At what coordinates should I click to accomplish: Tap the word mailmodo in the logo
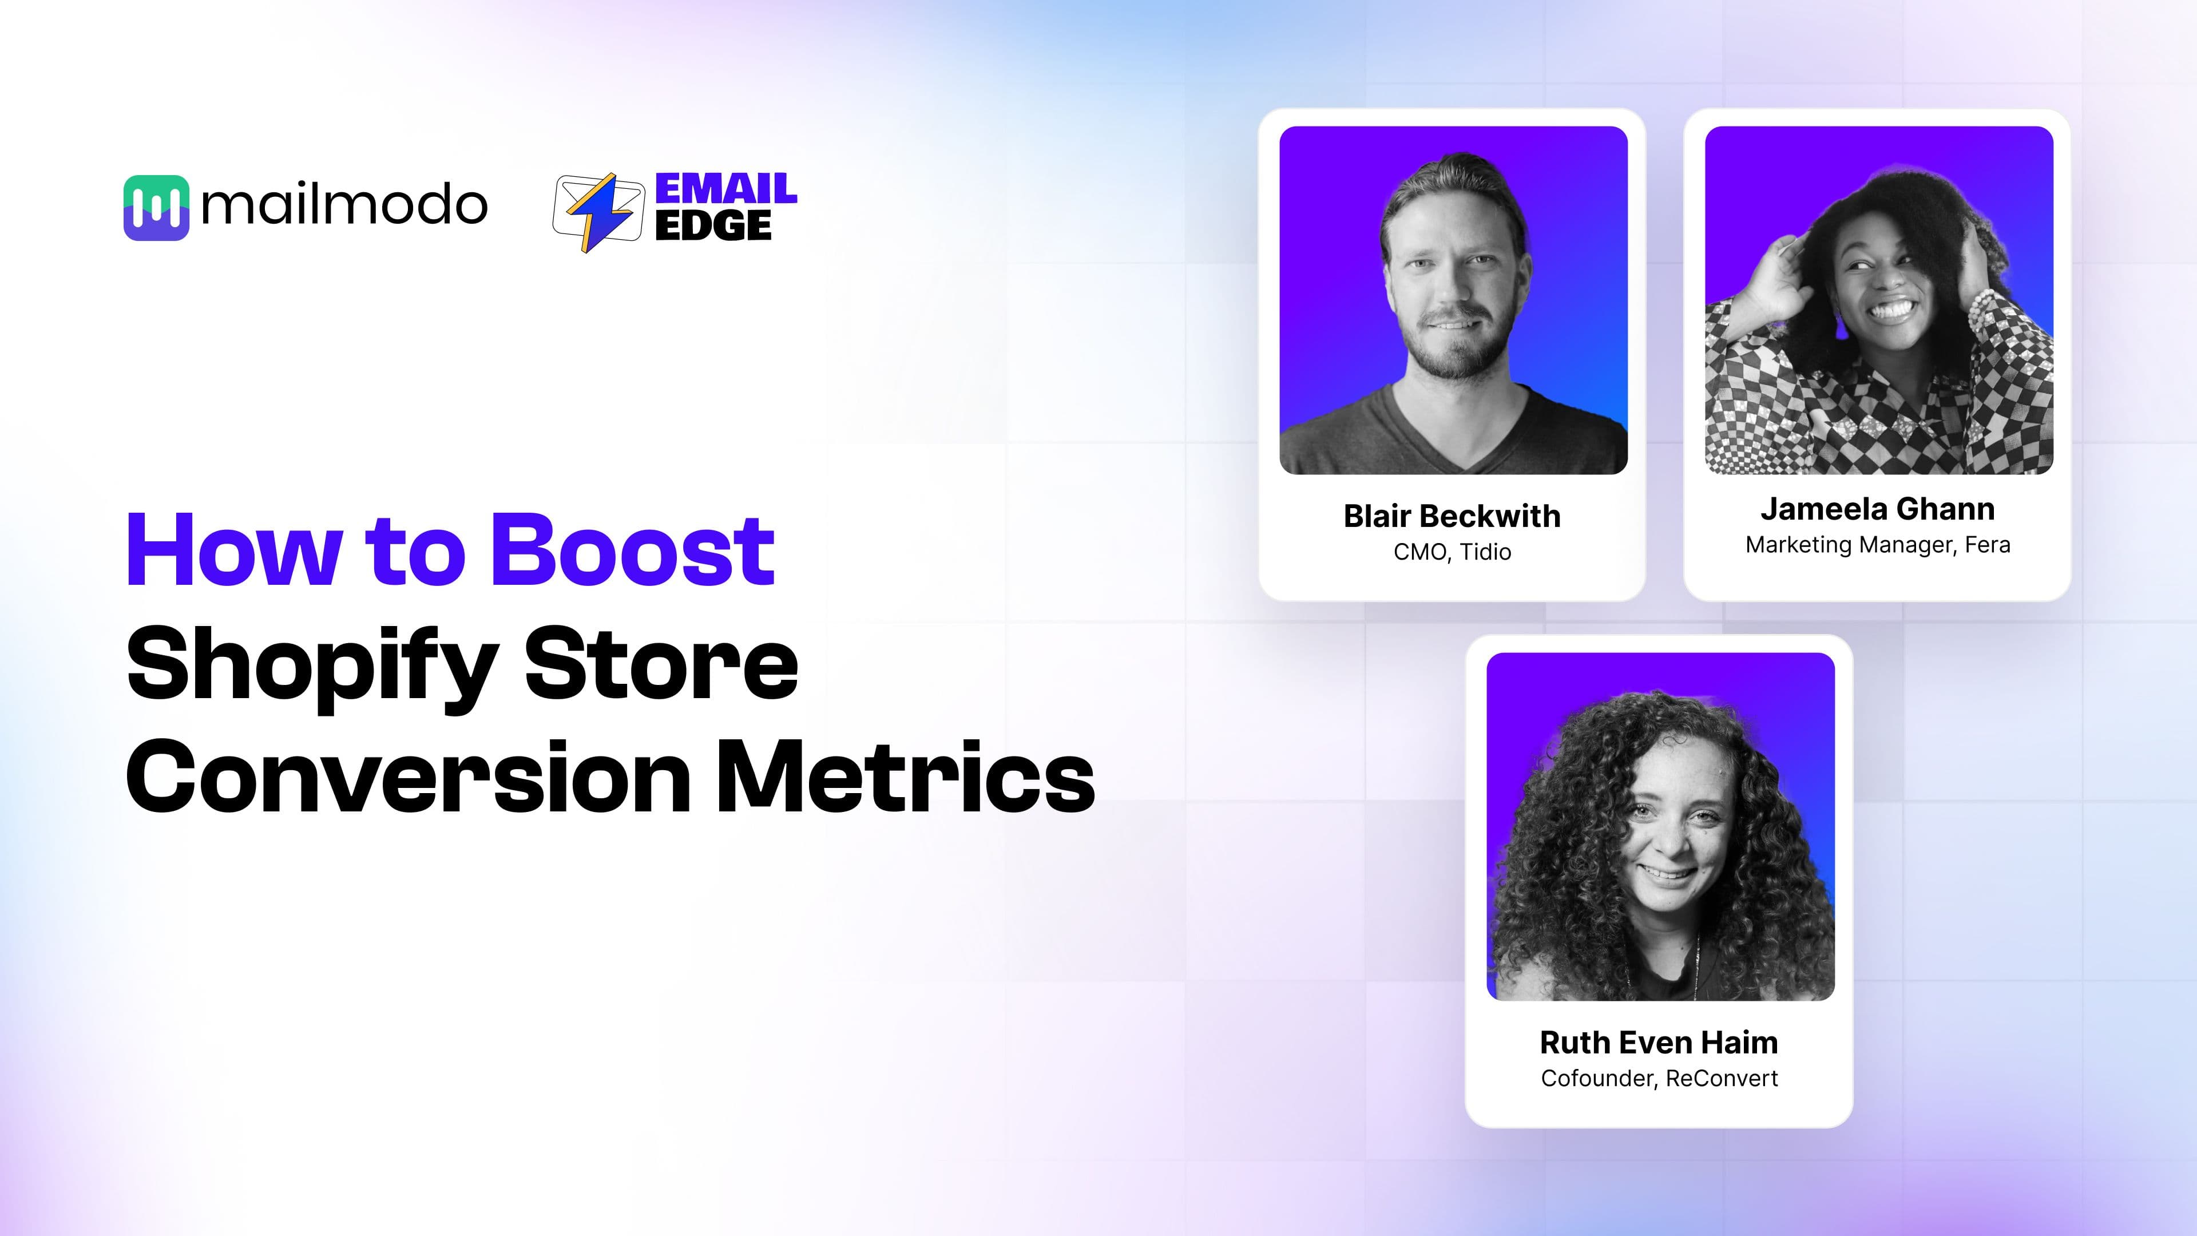tap(344, 205)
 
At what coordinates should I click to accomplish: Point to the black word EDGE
tap(713, 225)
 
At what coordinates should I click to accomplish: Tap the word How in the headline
tap(235, 550)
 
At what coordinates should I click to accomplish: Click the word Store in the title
tap(661, 664)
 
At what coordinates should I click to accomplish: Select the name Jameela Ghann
tap(1878, 509)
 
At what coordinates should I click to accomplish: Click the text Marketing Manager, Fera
tap(1878, 545)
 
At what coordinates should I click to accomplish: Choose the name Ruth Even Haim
tap(1659, 1043)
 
